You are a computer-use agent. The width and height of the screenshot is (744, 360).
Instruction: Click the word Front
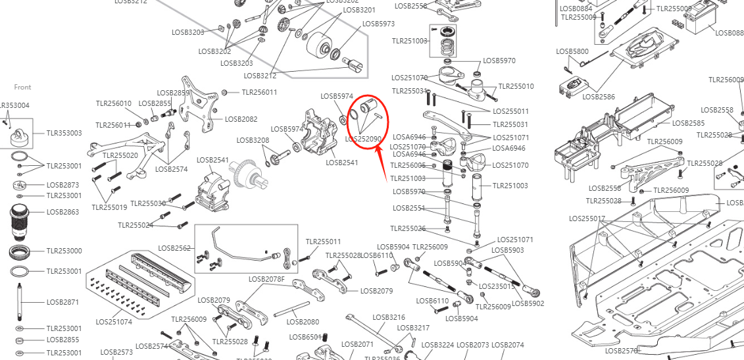22,87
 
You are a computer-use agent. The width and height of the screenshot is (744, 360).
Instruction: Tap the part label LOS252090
363,139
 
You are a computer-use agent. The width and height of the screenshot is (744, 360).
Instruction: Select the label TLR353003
64,133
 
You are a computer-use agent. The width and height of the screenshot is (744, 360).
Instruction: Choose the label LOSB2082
241,119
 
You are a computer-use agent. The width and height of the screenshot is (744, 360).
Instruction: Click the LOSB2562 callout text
174,248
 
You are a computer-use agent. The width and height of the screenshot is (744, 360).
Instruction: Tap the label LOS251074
114,322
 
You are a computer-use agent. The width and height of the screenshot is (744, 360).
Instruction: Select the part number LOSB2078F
266,279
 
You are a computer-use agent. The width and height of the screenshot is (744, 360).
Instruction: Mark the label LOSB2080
303,322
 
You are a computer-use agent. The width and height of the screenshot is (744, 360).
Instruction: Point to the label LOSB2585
687,123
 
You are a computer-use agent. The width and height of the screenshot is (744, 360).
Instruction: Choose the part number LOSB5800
572,51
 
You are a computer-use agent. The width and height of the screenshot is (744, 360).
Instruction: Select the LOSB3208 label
253,140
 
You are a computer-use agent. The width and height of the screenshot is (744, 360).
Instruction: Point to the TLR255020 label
120,155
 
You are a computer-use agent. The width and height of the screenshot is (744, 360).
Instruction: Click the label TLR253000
64,251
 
